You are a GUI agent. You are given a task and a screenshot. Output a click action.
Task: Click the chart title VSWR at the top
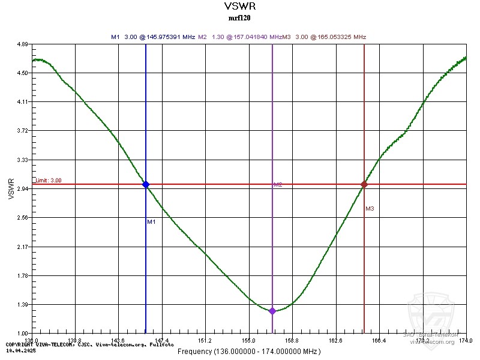239,7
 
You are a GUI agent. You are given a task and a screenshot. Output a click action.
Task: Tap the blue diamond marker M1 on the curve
146,184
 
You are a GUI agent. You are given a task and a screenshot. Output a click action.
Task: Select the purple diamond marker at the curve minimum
272,311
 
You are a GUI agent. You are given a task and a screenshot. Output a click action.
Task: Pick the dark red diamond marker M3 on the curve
364,184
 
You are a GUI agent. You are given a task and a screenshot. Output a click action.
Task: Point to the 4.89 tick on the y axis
23,44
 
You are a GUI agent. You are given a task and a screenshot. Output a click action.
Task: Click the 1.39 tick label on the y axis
23,305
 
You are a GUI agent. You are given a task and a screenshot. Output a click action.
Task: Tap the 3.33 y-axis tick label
23,160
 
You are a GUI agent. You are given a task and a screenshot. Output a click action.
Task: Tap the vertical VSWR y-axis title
11,188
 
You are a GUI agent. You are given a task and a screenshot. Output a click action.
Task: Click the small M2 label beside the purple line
278,185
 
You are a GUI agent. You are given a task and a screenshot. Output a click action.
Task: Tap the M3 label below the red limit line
370,209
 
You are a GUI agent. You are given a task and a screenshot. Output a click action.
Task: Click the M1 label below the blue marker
151,222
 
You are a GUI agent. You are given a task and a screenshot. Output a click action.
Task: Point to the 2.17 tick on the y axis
23,247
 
